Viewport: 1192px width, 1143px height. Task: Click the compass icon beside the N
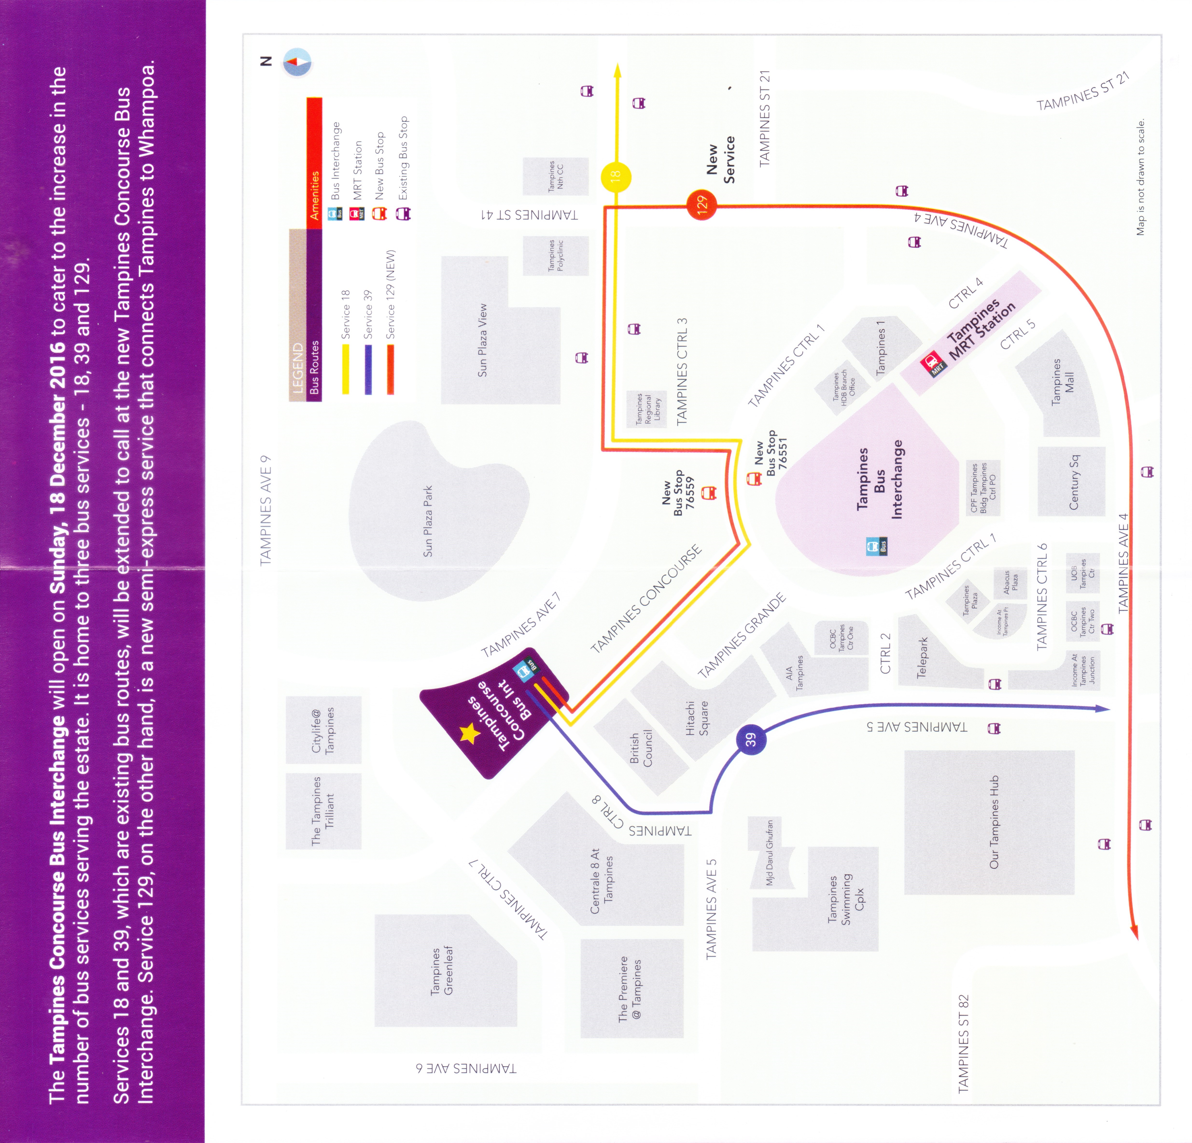tap(297, 63)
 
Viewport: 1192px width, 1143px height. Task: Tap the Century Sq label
tap(1073, 482)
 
